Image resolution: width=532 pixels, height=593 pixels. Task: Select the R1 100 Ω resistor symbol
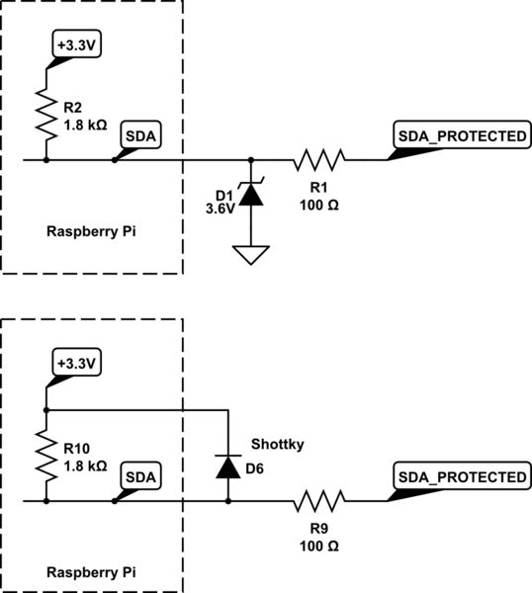click(x=316, y=158)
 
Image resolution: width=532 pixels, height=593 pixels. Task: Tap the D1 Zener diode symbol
click(x=251, y=194)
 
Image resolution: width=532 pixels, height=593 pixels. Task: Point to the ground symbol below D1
click(x=251, y=255)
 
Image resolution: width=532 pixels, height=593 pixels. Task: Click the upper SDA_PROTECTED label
click(x=460, y=136)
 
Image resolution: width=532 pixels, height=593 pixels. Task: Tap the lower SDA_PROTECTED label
click(x=460, y=477)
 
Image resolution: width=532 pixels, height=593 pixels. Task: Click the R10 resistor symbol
click(x=45, y=456)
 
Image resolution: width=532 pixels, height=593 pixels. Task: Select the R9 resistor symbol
click(x=318, y=502)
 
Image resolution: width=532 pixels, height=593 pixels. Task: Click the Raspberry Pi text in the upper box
click(x=91, y=232)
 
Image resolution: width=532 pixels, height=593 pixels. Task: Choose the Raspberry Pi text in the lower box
click(x=91, y=572)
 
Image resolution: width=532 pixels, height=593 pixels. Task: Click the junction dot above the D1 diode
click(x=251, y=158)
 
